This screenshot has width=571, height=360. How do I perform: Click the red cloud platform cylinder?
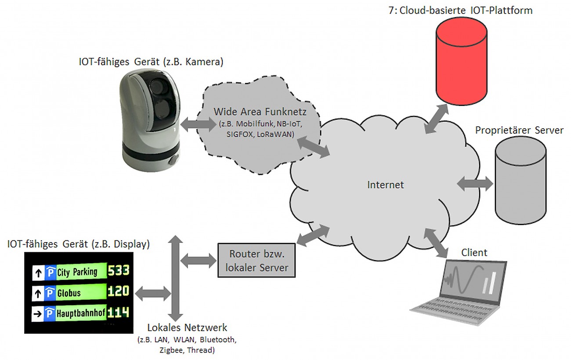click(x=461, y=61)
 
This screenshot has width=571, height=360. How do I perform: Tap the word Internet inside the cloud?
click(x=385, y=185)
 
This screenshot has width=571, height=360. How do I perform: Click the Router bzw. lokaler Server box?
click(x=257, y=260)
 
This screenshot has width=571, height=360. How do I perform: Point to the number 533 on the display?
click(x=119, y=270)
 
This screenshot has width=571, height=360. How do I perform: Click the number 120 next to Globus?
click(x=119, y=291)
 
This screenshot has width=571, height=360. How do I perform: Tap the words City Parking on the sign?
click(x=77, y=272)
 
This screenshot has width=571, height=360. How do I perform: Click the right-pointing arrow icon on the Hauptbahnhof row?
click(x=37, y=314)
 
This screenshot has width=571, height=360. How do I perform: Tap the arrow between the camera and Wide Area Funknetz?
click(x=198, y=124)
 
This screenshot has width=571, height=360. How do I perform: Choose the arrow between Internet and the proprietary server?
click(x=475, y=184)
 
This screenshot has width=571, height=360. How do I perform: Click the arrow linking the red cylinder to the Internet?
click(x=437, y=119)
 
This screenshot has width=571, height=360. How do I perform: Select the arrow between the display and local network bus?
click(x=153, y=294)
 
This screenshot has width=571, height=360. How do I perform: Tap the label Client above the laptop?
click(x=474, y=253)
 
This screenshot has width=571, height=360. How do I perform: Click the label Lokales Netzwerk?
click(x=187, y=327)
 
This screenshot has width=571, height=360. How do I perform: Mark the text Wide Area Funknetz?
click(x=260, y=112)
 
